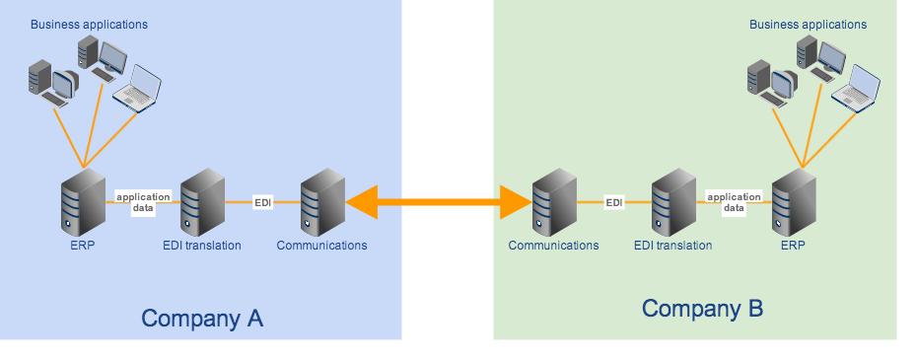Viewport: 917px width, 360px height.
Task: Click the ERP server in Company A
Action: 83,201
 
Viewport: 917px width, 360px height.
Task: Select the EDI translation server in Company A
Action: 202,201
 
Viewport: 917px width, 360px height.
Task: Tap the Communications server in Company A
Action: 321,201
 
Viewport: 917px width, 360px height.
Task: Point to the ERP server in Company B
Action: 793,202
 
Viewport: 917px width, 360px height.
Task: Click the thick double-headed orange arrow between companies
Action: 438,203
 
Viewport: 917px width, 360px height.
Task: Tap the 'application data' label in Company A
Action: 143,202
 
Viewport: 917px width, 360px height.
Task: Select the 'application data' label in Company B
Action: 734,203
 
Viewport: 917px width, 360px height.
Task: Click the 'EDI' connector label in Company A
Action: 262,202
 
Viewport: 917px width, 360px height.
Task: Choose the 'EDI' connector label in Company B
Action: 614,203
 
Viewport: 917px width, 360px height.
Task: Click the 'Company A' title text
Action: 202,319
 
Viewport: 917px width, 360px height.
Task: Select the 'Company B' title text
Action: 702,309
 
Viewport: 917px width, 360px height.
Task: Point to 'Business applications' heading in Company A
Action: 89,24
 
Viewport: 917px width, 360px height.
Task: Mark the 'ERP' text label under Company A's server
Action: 83,246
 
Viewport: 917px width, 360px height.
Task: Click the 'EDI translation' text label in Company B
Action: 673,246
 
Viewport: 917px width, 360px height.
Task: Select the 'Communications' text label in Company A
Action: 321,246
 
